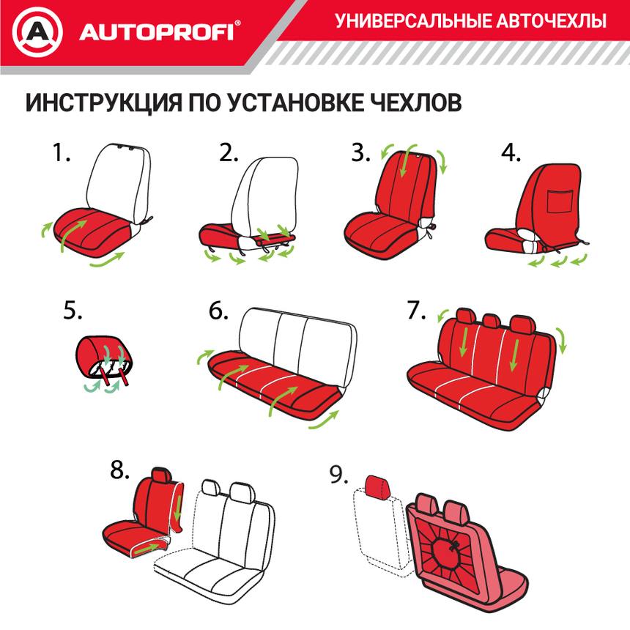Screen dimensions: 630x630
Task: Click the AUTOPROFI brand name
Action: pyautogui.click(x=157, y=32)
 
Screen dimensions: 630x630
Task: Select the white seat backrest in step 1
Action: pyautogui.click(x=119, y=179)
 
